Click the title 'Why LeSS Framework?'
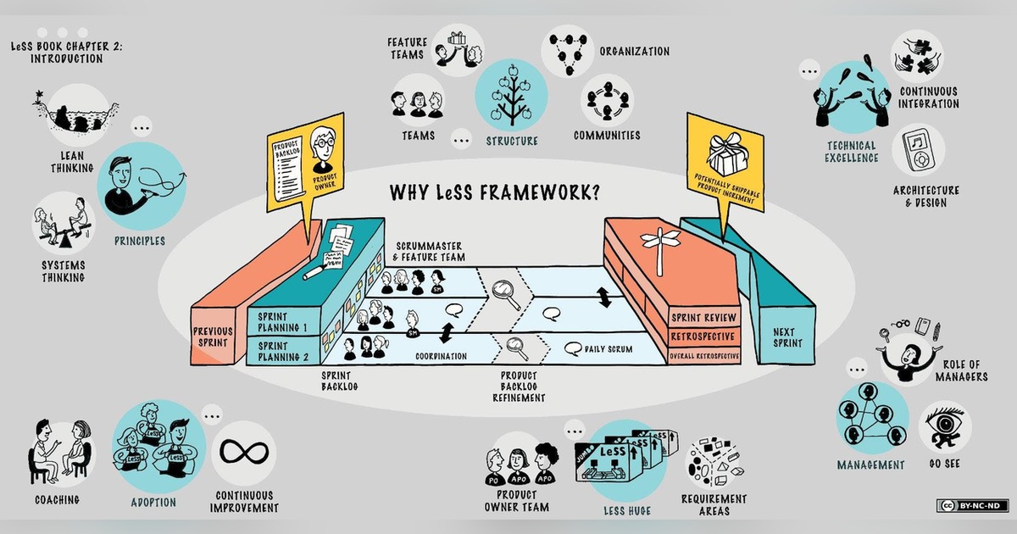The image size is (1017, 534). (495, 192)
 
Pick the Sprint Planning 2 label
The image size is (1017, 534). (282, 351)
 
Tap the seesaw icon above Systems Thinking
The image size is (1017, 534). (59, 225)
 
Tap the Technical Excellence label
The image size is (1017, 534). (852, 152)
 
